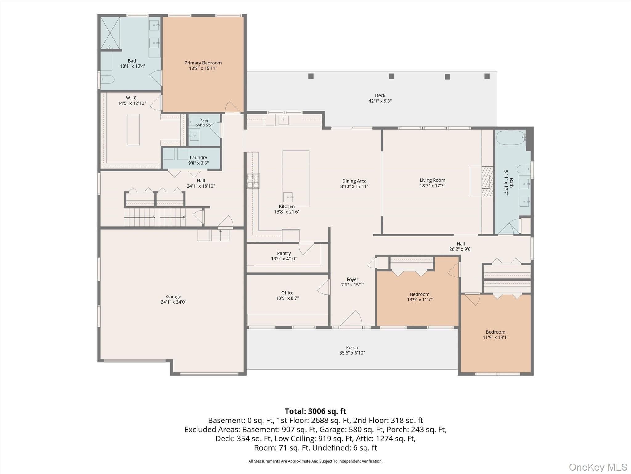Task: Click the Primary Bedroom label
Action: [x=203, y=63]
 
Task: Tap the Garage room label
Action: [x=173, y=297]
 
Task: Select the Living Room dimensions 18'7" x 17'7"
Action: [x=432, y=186]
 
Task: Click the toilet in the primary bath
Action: [x=108, y=79]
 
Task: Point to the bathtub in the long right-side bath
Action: [x=511, y=138]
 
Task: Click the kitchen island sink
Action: [x=288, y=197]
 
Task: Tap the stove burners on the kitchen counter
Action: [x=253, y=181]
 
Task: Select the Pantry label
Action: [x=284, y=253]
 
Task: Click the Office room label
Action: [x=287, y=293]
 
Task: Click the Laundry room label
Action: [x=198, y=158]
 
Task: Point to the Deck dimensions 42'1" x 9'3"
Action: [x=380, y=101]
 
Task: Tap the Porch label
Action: [x=352, y=347]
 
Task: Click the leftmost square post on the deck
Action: [x=311, y=76]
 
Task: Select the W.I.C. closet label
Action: [x=132, y=98]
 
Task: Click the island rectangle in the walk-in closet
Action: [x=133, y=130]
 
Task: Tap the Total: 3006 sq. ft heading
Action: [x=315, y=411]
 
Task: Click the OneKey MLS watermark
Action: [x=598, y=467]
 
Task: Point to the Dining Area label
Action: [x=354, y=181]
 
